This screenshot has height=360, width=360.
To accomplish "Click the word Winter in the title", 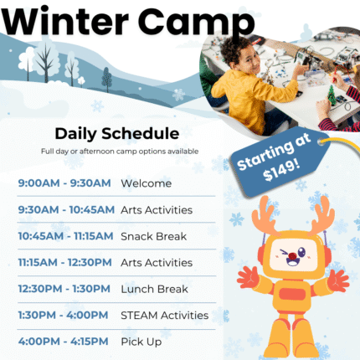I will (x=68, y=20).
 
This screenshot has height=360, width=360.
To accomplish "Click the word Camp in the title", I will (x=196, y=20).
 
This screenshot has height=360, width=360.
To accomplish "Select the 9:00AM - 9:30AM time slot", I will (x=64, y=183).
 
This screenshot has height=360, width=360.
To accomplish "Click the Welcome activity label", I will (x=146, y=183).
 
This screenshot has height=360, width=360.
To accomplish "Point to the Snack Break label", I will (x=153, y=236).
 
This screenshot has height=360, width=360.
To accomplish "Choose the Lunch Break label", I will (x=154, y=289).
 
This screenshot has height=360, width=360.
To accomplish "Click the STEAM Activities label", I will (x=164, y=315).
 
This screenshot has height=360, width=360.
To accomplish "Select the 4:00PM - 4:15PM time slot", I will (x=63, y=342).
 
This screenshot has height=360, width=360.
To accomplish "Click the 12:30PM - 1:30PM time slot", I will (x=63, y=289).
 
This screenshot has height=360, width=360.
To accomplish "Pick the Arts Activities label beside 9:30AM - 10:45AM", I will (x=156, y=209).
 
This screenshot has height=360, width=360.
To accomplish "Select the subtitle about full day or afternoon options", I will (x=120, y=151).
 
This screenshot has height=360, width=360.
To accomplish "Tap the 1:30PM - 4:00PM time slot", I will (x=63, y=315).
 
